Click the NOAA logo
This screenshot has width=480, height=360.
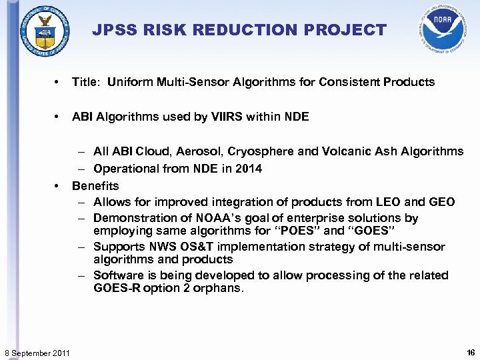439,28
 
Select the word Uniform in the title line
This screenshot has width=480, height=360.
131,83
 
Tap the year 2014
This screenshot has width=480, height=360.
249,169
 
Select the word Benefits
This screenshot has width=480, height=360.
95,186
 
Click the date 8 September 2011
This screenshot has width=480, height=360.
37,351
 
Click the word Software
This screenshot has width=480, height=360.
117,275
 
